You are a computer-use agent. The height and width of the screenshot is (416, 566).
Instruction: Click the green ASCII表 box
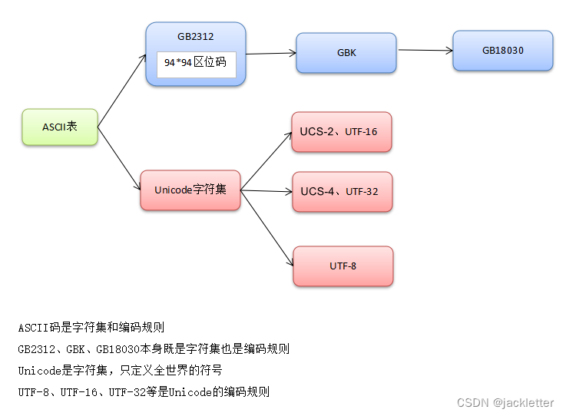point(60,126)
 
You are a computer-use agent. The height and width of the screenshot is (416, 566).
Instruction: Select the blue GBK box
point(346,54)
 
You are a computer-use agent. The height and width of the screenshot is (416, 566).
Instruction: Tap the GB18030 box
point(502,51)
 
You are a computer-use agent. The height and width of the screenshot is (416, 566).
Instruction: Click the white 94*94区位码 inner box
point(196,63)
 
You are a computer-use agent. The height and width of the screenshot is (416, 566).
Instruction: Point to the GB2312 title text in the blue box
point(195,36)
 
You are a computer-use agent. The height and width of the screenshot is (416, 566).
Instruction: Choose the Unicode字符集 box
point(190,190)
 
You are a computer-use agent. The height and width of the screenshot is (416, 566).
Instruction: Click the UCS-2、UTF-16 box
point(341,132)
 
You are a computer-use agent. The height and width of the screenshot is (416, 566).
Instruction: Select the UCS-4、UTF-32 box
point(342,191)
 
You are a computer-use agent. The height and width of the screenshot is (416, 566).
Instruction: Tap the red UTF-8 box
point(343,266)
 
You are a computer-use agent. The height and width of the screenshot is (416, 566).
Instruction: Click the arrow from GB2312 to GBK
point(270,53)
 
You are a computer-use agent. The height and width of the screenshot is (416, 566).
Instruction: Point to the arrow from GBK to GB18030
point(425,51)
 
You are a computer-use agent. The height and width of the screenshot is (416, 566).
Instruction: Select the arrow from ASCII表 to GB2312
point(121,91)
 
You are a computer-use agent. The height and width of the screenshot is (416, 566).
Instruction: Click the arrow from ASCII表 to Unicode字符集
point(119,157)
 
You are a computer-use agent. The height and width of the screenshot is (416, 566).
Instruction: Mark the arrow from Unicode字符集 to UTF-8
point(267,227)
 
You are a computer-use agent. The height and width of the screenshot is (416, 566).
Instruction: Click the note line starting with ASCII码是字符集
point(91,327)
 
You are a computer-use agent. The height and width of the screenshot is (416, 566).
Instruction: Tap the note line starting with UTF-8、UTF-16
point(144,391)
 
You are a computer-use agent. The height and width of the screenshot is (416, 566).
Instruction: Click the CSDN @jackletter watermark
point(505,403)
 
